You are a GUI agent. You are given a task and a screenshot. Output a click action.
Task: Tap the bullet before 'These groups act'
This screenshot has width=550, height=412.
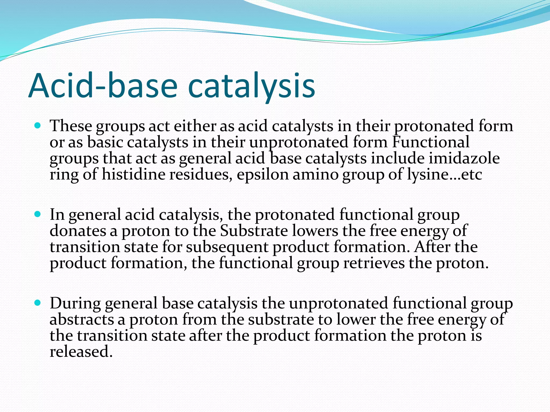38,125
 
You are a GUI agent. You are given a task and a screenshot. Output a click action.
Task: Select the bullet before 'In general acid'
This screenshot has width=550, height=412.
38,214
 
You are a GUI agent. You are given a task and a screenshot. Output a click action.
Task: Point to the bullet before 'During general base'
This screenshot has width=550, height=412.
38,303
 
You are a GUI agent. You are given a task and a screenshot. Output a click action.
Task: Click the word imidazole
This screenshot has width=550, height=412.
464,158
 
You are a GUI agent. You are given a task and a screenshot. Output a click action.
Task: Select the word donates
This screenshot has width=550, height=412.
78,231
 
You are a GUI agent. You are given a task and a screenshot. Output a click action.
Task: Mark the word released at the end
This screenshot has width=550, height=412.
81,351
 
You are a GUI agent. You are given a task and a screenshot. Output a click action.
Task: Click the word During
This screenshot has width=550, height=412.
75,303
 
